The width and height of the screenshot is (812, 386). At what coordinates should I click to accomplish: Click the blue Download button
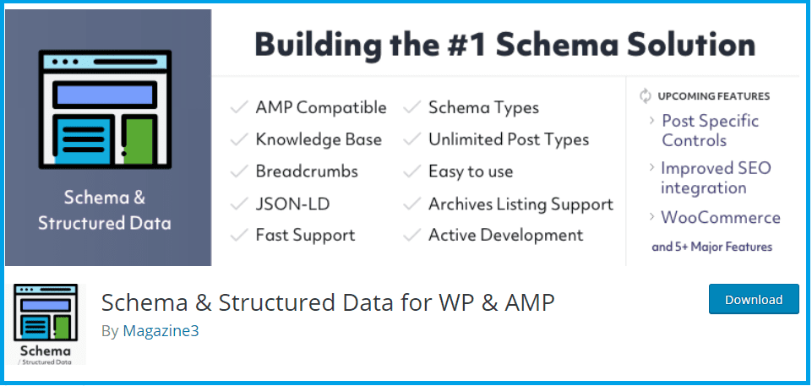coord(754,299)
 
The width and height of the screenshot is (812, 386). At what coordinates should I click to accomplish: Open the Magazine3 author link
coord(161,331)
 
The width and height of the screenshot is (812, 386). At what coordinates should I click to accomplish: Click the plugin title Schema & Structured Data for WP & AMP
coord(328,302)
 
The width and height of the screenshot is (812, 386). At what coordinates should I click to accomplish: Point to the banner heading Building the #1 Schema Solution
coord(504,45)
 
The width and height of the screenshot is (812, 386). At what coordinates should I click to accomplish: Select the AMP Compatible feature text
coord(320,107)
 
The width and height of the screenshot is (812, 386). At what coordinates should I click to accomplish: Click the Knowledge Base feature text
coord(319,139)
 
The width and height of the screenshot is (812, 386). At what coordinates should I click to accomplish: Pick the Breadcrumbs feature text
coord(307,171)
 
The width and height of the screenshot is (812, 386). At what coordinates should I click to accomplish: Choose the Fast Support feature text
coord(305,235)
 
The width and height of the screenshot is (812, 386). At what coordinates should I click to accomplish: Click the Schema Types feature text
coord(483,107)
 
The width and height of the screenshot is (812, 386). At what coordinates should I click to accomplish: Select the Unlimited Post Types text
coord(508,139)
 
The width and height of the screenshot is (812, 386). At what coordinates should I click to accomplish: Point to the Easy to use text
coord(471,171)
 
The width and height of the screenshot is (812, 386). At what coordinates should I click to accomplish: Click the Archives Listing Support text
coord(520,204)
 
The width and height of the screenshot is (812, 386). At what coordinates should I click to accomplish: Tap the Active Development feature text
coord(505,235)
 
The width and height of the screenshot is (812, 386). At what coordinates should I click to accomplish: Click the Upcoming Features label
coord(715,95)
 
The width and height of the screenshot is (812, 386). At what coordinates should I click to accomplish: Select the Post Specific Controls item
coord(710,130)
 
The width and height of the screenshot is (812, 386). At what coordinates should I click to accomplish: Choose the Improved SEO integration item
coord(715,177)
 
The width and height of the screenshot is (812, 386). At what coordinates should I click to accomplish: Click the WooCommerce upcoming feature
coord(720,217)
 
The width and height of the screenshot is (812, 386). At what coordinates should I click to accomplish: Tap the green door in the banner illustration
coord(139,139)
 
